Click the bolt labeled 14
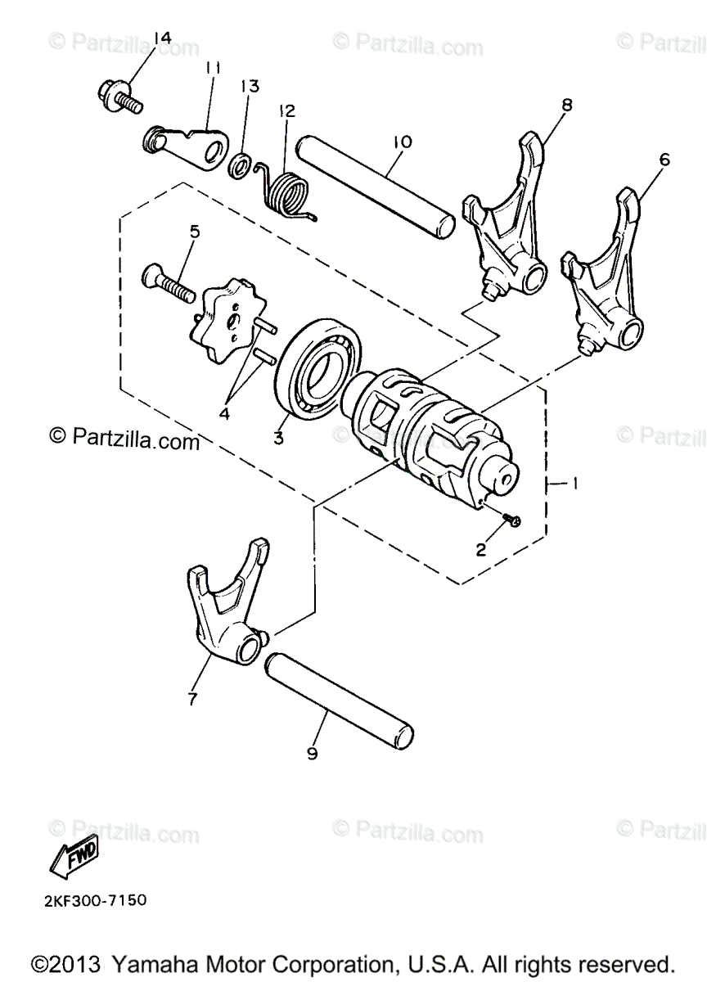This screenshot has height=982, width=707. tap(119, 97)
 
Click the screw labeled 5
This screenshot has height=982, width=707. tap(169, 281)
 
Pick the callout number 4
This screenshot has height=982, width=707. tap(223, 413)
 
